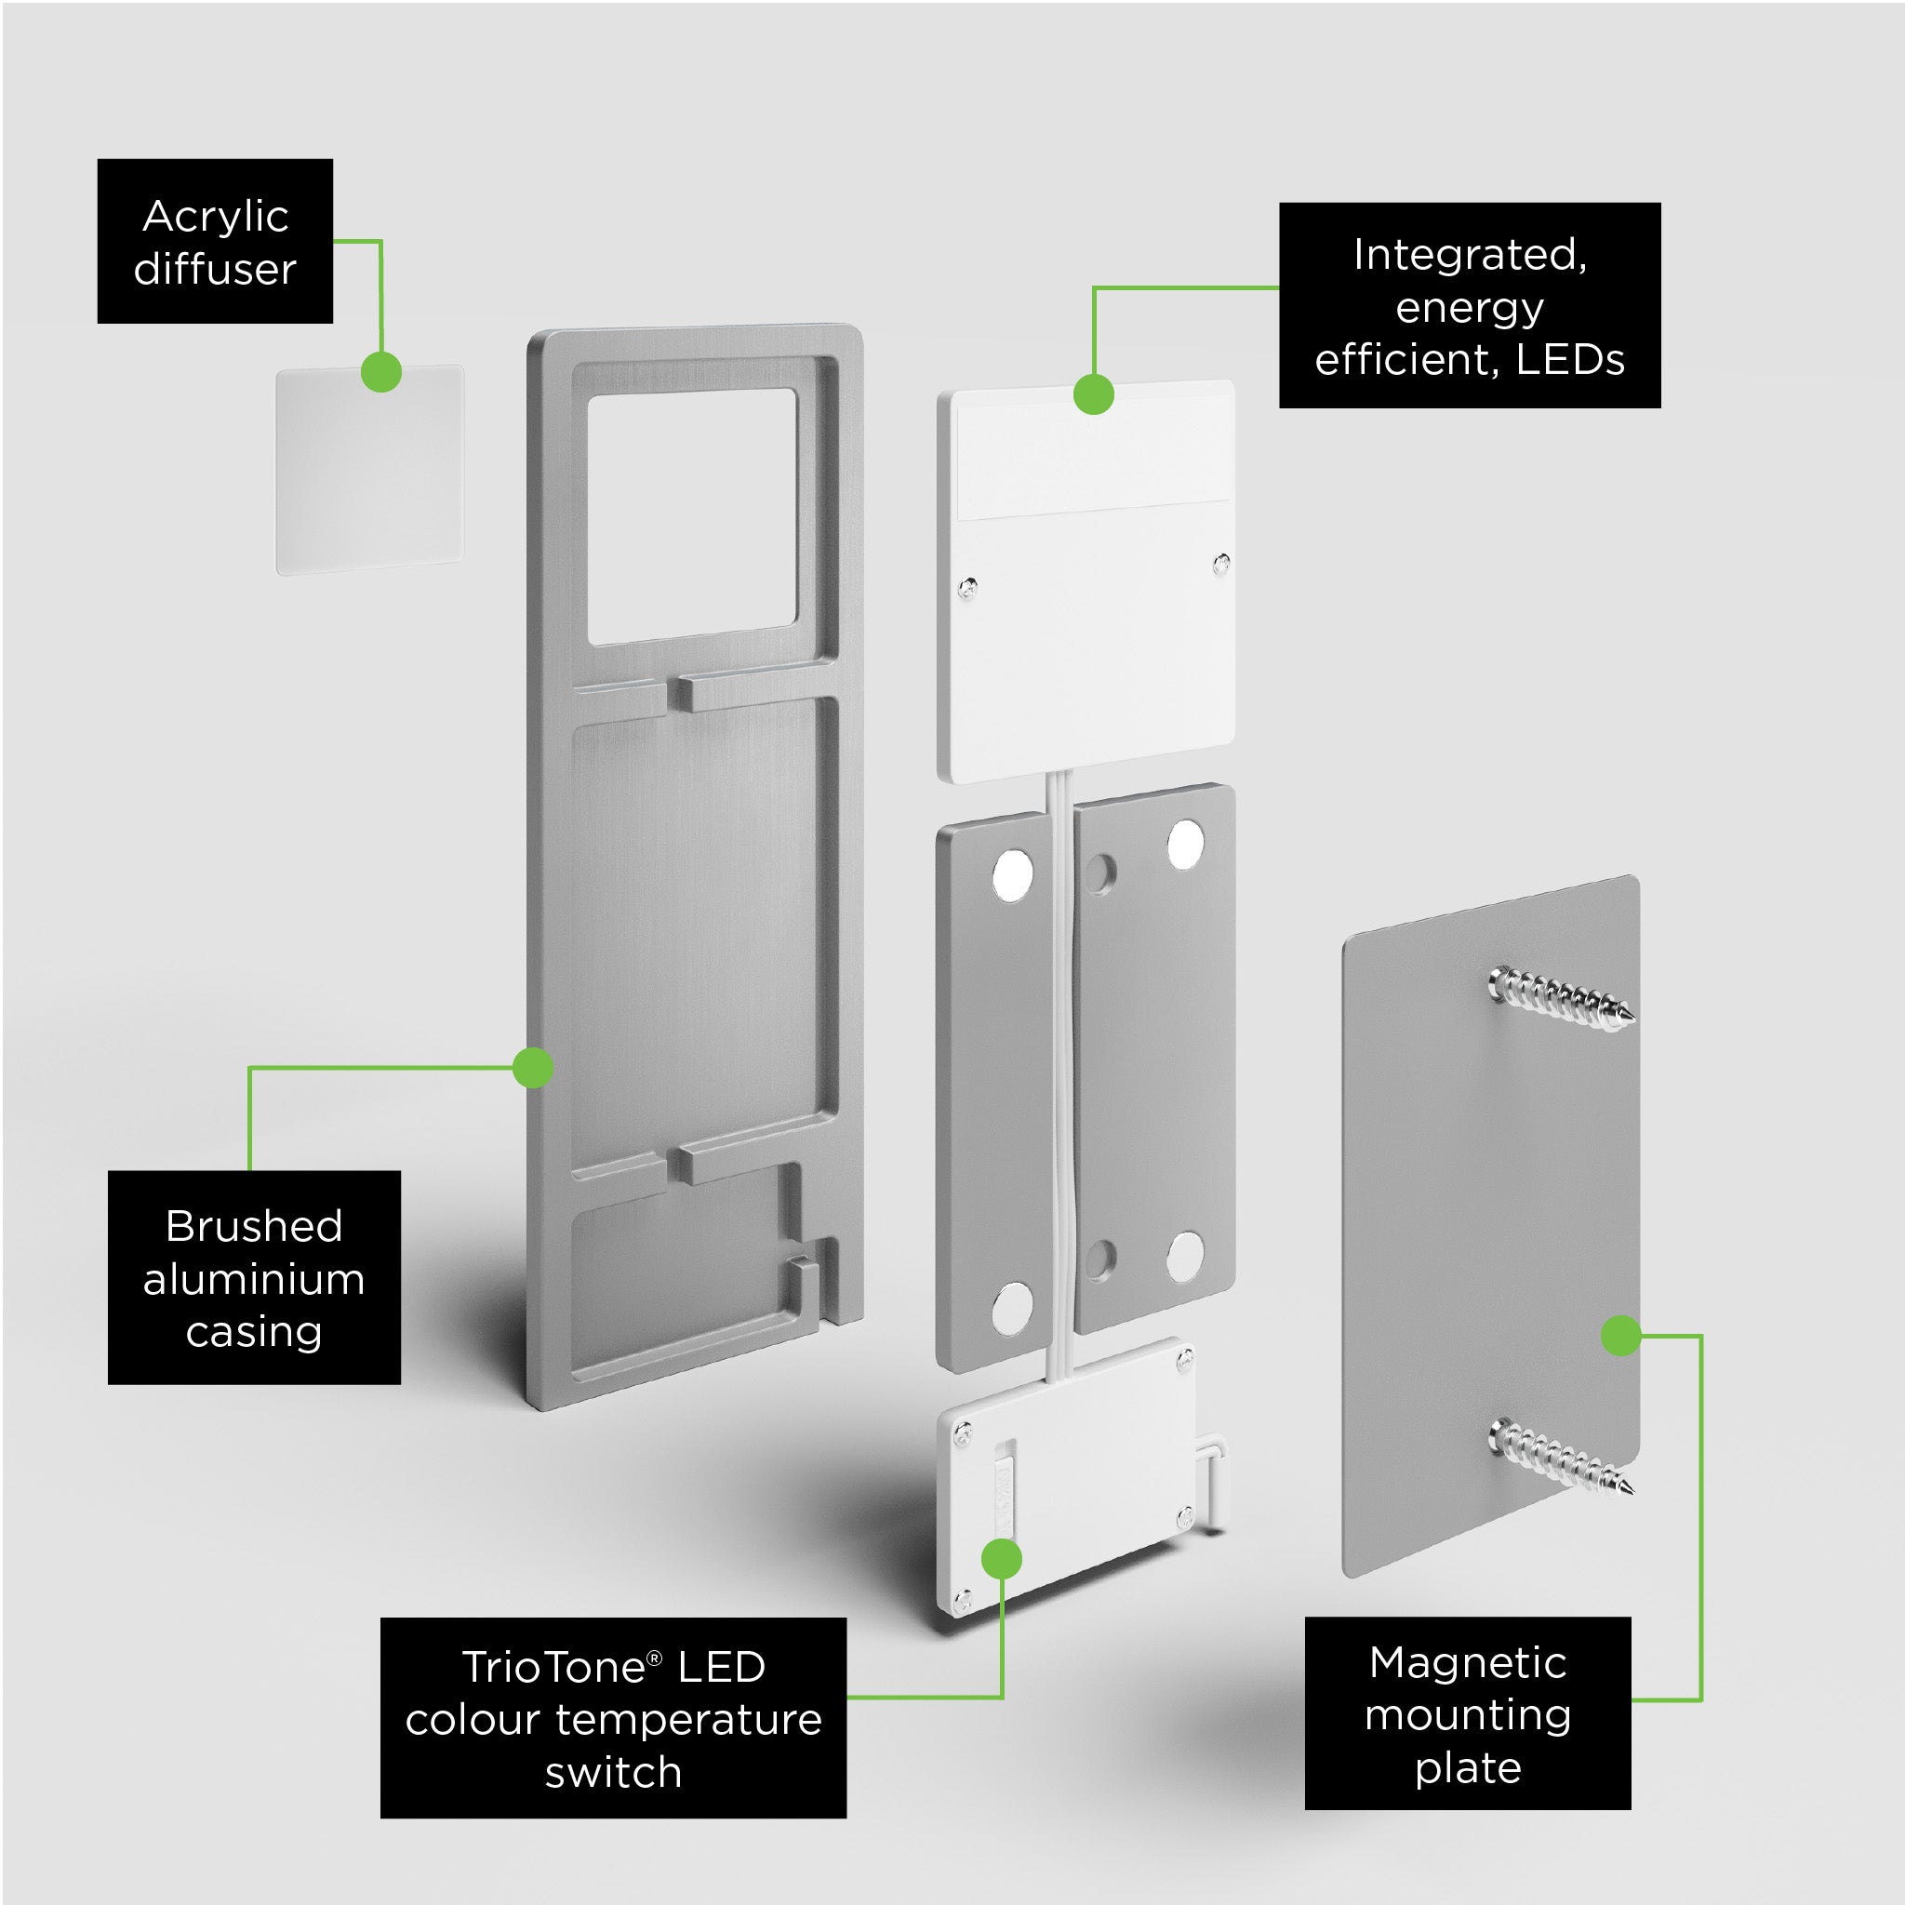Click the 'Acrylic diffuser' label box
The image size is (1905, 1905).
pyautogui.click(x=215, y=241)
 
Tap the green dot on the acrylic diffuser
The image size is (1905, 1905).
pyautogui.click(x=381, y=372)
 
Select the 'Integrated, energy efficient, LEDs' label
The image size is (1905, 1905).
pyautogui.click(x=1469, y=306)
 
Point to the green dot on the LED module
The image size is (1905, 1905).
pyautogui.click(x=1094, y=393)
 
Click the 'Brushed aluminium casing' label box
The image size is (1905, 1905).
pyautogui.click(x=253, y=1278)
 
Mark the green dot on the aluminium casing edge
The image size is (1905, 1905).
pyautogui.click(x=533, y=1068)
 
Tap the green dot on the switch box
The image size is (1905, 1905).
pyautogui.click(x=1002, y=1559)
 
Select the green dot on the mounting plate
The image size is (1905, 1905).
pyautogui.click(x=1621, y=1336)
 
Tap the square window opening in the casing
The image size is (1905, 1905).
pyautogui.click(x=691, y=515)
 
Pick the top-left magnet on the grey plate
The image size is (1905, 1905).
pyautogui.click(x=1013, y=873)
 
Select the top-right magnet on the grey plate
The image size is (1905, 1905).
pyautogui.click(x=1184, y=845)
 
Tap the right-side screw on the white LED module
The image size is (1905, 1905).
pyautogui.click(x=1221, y=564)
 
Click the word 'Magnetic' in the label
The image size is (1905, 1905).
pyautogui.click(x=1467, y=1662)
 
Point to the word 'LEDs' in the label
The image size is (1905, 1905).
pyautogui.click(x=1570, y=359)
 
